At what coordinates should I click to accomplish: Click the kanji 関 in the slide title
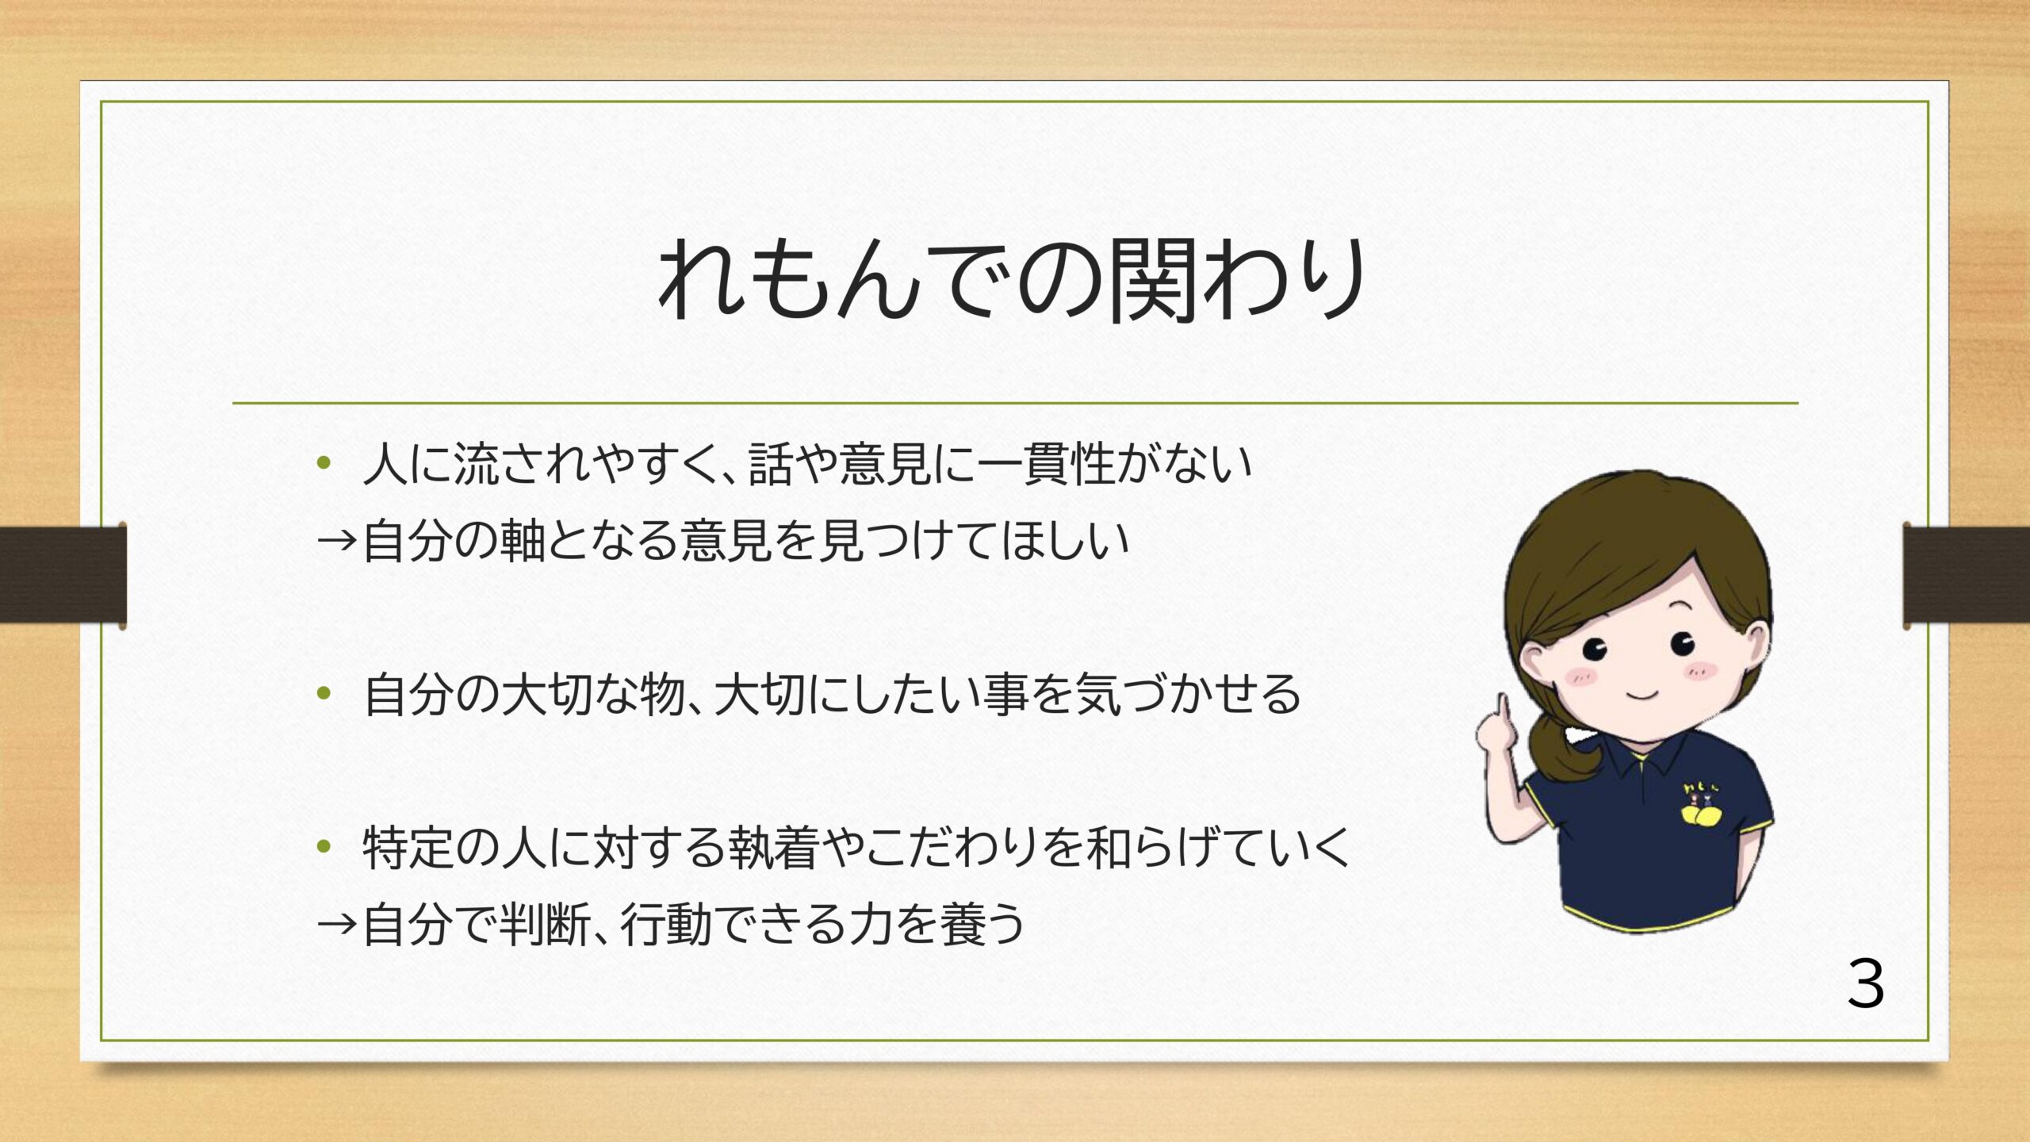pyautogui.click(x=1154, y=281)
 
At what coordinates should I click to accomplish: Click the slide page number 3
pyautogui.click(x=1866, y=983)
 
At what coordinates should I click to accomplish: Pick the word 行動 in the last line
pyautogui.click(x=666, y=924)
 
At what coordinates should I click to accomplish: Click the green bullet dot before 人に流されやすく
pyautogui.click(x=323, y=463)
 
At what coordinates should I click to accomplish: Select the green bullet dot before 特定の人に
pyautogui.click(x=323, y=847)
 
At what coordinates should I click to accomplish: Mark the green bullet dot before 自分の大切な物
pyautogui.click(x=323, y=694)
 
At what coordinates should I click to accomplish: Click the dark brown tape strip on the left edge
pyautogui.click(x=63, y=575)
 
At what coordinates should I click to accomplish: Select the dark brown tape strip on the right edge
pyautogui.click(x=1967, y=575)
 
